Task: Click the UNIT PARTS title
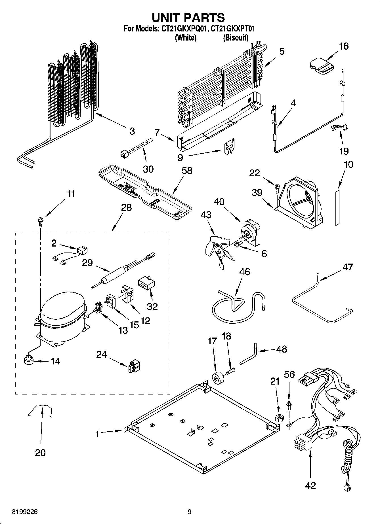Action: pos(188,18)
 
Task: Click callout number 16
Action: pos(344,46)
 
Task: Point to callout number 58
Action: pos(187,171)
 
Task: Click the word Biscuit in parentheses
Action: pos(236,38)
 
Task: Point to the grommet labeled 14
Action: pos(28,361)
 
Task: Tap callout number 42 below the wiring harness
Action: pos(310,486)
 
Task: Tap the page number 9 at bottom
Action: pos(189,512)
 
